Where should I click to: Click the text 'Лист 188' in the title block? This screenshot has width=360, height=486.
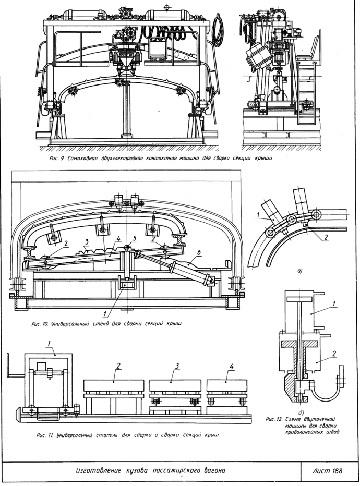pyautogui.click(x=327, y=471)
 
